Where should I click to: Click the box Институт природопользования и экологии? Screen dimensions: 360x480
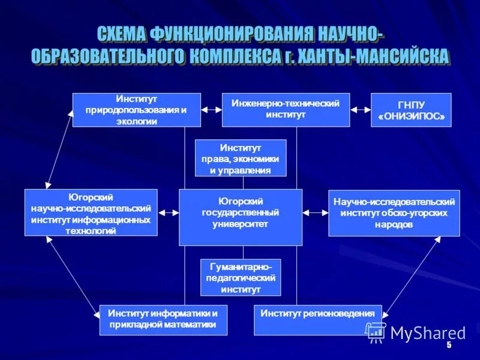pos(137,110)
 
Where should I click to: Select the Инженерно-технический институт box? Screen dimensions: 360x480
pos(286,110)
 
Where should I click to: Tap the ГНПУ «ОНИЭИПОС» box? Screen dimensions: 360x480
pos(411,110)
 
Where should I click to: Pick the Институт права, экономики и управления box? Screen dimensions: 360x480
pos(241,158)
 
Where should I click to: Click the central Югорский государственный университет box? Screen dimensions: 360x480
pos(241,217)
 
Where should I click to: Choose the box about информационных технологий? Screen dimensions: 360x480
pos(91,212)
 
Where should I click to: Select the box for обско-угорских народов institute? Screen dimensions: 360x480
pos(394,212)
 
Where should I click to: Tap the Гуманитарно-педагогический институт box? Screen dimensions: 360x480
pos(240,277)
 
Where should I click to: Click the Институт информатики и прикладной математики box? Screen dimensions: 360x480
pos(163,320)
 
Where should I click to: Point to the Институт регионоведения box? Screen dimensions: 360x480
pos(318,320)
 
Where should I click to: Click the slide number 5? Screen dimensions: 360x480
pos(448,347)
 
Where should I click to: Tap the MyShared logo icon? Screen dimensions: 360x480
pos(376,332)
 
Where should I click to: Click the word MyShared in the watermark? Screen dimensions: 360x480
pos(428,333)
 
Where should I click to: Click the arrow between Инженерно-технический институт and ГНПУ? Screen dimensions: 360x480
pos(361,110)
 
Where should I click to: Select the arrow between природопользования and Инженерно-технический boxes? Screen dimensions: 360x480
pos(211,110)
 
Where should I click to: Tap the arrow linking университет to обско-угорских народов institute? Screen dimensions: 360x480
pos(315,212)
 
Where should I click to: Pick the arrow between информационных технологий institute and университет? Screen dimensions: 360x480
pos(168,212)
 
